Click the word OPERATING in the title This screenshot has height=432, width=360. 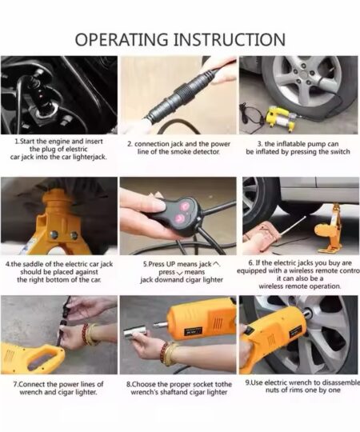tap(122, 39)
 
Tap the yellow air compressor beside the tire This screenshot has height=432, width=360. tap(279, 119)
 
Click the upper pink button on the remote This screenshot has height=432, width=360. tap(184, 206)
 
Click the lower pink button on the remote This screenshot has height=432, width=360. tap(179, 218)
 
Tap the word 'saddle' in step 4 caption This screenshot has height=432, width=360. tap(32, 264)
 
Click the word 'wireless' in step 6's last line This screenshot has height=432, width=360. tap(271, 286)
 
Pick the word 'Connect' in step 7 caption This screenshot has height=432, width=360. tap(33, 384)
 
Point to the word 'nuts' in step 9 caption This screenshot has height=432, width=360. tap(273, 390)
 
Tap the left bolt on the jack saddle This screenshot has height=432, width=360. tap(54, 234)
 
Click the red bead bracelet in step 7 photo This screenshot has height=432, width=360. tap(85, 334)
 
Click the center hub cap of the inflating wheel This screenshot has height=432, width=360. tap(305, 74)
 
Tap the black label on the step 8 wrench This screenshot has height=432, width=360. tap(194, 330)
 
